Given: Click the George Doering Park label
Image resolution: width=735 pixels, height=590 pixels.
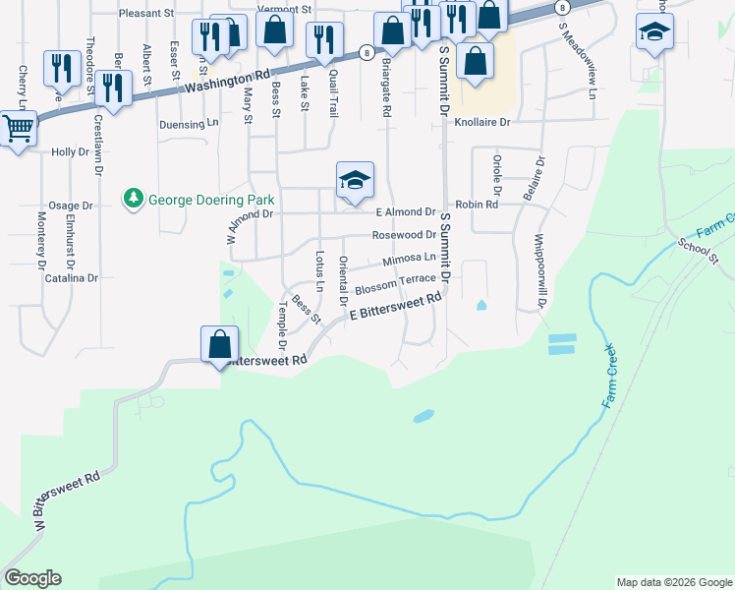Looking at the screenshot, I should (x=208, y=200).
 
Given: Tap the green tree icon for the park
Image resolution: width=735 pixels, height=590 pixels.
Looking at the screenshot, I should (x=133, y=200).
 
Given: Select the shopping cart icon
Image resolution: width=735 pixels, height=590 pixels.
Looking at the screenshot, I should (x=17, y=129).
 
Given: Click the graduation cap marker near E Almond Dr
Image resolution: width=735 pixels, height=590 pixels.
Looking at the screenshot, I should (x=355, y=180).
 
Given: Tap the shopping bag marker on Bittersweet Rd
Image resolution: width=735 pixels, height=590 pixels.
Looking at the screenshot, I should (x=219, y=345).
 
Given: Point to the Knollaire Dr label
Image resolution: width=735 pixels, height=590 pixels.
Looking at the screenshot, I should (x=483, y=123).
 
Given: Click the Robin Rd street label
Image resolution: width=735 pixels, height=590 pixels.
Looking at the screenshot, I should (x=477, y=205).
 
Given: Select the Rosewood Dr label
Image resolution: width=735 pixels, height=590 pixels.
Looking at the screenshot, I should (x=403, y=235).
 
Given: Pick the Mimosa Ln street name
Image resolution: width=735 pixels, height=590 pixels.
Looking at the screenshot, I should (x=408, y=258).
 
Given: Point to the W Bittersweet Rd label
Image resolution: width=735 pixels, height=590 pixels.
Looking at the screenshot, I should (x=69, y=504).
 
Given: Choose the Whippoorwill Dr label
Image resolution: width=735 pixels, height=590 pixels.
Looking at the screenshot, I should (x=539, y=271).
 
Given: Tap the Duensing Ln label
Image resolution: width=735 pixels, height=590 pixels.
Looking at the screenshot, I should (x=189, y=125).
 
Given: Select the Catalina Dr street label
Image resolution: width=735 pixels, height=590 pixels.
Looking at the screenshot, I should (x=73, y=278).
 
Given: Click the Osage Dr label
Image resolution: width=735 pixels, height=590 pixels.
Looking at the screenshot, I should (x=70, y=206).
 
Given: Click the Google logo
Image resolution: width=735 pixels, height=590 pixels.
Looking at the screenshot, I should (x=32, y=578).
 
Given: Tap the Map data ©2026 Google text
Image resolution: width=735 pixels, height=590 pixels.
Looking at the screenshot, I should (x=674, y=582).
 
